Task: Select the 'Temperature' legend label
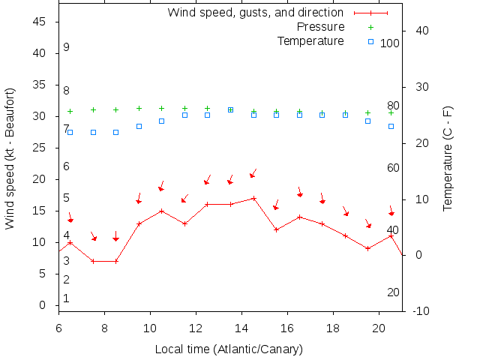(x=310, y=40)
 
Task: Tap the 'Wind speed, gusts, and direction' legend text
(x=255, y=12)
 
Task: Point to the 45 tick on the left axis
(x=40, y=22)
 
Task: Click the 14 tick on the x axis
(x=241, y=328)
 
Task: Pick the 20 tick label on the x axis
(x=379, y=328)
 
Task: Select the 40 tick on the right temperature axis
(x=421, y=31)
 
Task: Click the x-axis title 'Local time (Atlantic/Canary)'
(x=229, y=349)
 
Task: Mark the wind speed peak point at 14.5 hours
(x=253, y=198)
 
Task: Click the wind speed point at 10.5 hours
(x=161, y=211)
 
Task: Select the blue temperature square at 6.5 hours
(x=70, y=132)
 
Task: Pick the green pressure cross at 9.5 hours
(x=139, y=109)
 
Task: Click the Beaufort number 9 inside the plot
(x=66, y=47)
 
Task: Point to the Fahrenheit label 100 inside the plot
(x=389, y=43)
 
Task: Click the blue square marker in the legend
(x=370, y=40)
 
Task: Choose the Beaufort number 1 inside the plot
(x=66, y=298)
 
